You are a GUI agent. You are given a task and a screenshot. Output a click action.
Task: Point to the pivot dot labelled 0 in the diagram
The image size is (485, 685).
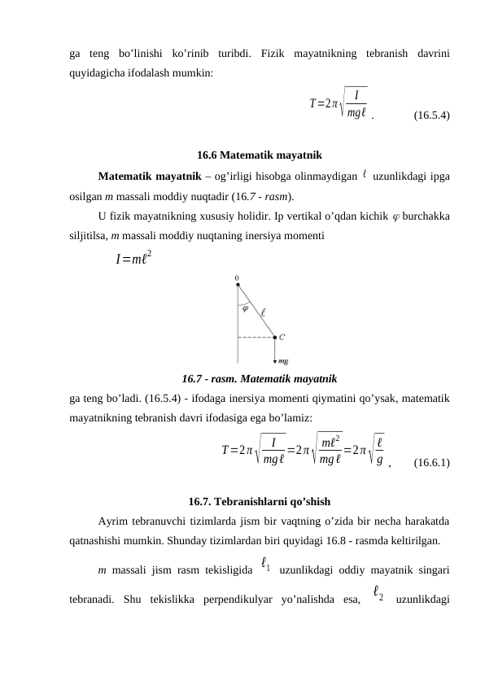click(x=238, y=285)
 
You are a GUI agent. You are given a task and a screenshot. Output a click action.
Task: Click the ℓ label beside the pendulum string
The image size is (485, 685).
click(x=263, y=311)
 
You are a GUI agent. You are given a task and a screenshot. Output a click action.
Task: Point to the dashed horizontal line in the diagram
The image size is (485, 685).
click(x=256, y=335)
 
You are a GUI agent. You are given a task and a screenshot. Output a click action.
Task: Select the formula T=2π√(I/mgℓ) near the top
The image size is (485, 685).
click(x=338, y=103)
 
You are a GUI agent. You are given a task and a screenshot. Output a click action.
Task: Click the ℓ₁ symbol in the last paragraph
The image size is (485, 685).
click(x=266, y=562)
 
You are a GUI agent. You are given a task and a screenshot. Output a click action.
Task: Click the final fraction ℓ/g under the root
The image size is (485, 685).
click(x=380, y=447)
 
